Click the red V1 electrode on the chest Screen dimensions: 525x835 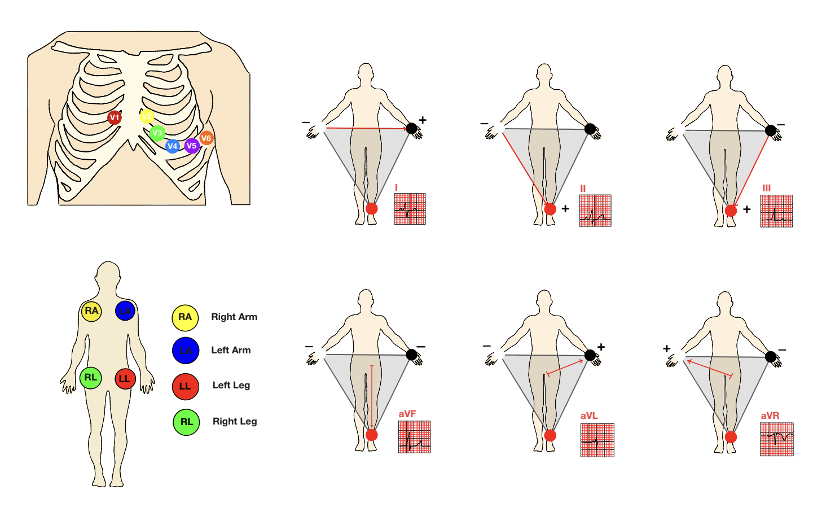pos(115,117)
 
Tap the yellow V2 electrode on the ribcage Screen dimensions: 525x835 pos(147,116)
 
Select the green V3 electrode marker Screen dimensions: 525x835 pos(157,133)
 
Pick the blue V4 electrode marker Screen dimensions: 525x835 pos(173,146)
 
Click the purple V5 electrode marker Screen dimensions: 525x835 pos(192,146)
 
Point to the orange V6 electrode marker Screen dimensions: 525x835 pos(206,138)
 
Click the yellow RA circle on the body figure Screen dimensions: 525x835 pos(91,311)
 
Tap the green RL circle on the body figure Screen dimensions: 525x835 pos(90,378)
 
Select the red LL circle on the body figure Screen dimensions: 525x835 pos(125,379)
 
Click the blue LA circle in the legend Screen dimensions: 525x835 pos(186,351)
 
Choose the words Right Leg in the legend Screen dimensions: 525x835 pos(235,421)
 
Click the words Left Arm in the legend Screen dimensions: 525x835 pos(231,351)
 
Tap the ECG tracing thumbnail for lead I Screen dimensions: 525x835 pos(410,209)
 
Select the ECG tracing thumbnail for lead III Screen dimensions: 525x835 pos(776,211)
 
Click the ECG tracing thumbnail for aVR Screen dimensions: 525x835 pos(776,439)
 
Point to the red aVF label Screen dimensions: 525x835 pos(407,414)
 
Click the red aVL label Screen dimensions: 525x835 pos(589,415)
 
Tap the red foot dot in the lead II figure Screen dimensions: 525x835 pos(550,209)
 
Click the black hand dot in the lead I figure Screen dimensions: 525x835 pos(412,129)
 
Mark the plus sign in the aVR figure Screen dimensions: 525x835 pos(667,349)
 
